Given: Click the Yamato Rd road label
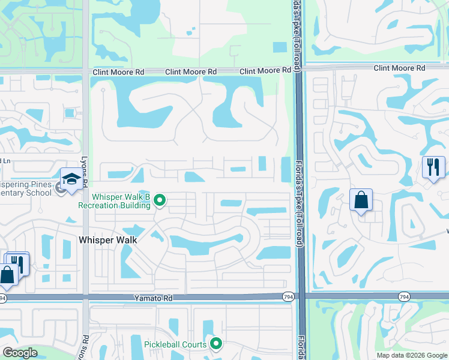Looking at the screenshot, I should coord(153,298).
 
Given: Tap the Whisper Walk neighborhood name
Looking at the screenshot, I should coord(108,240).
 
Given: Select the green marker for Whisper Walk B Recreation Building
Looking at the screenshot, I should coord(160,200).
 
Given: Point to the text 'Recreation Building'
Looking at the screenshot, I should coord(114,205).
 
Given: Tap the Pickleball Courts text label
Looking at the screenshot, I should coord(175,344).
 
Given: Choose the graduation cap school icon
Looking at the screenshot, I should coord(71,179).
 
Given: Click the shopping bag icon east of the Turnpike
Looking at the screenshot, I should coord(361,200).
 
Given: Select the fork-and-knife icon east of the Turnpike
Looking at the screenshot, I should coord(433,166).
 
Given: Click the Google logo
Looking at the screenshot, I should coord(20,353).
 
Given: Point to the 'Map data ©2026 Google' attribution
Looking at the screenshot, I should coord(411,355).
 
